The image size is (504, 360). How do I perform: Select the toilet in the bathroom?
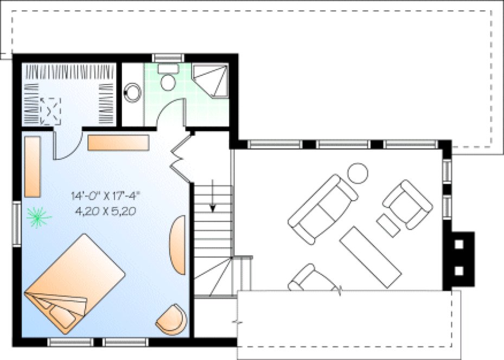pos(169,79)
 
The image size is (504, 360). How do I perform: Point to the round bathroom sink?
pos(132,93)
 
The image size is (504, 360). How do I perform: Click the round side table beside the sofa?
pos(358,173)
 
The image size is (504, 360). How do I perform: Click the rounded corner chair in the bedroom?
pos(172,320)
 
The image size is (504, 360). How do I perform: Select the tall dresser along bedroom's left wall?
pos(33,166)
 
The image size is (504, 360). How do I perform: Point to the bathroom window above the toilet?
pos(168,57)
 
